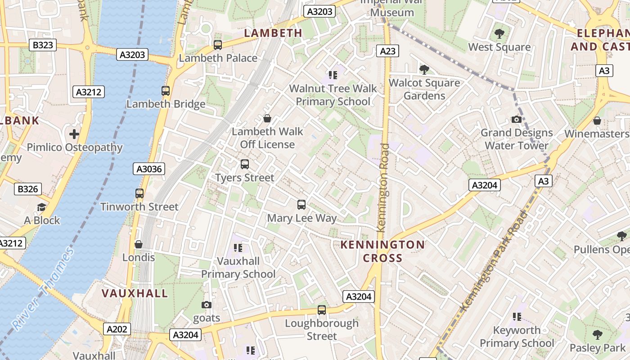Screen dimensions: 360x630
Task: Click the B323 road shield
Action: click(43, 45)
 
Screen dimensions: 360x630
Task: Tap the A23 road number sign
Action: click(387, 51)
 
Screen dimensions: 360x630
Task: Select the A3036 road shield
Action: click(149, 169)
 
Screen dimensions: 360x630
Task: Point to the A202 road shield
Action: click(117, 329)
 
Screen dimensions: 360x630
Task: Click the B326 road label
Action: click(28, 189)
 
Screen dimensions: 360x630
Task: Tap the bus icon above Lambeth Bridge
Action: click(166, 91)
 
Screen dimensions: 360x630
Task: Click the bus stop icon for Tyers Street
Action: click(245, 164)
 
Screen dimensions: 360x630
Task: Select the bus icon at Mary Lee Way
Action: click(301, 205)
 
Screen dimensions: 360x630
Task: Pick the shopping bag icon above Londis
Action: click(139, 244)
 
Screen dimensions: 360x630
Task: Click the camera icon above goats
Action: click(207, 305)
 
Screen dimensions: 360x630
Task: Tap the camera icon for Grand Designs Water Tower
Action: click(517, 119)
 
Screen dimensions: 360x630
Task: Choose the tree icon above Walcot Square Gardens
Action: click(424, 69)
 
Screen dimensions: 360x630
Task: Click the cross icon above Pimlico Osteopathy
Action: click(74, 134)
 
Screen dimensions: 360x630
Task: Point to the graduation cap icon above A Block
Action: click(41, 207)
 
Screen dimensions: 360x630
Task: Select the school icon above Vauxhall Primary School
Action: click(238, 247)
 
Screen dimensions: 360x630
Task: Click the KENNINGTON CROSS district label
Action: click(382, 251)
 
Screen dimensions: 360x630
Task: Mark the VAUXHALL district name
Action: click(135, 293)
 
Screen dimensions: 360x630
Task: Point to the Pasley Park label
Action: click(597, 348)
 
